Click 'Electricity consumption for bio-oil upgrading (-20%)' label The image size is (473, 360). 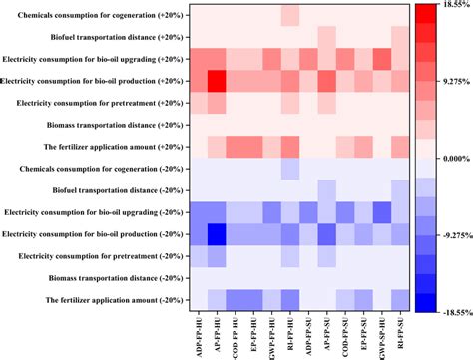(94, 212)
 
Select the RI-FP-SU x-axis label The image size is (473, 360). (399, 334)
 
